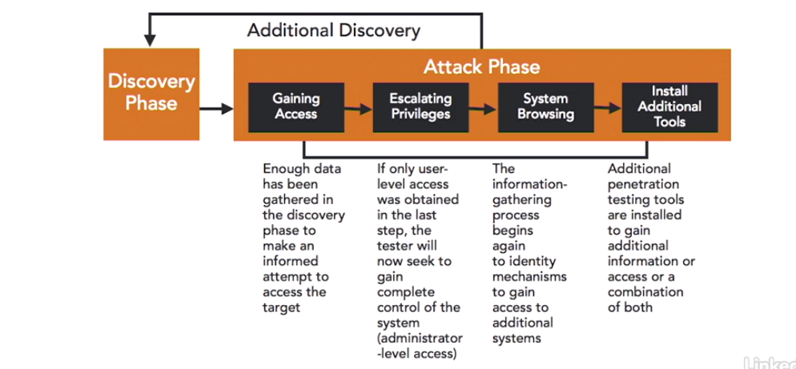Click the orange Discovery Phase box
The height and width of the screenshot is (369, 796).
(151, 94)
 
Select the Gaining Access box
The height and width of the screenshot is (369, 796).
(296, 107)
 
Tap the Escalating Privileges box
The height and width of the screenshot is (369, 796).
(421, 107)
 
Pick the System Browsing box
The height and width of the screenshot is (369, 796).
(545, 107)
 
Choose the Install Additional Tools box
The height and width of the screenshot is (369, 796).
(670, 107)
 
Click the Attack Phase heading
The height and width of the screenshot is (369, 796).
(482, 67)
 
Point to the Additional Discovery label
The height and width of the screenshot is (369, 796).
(333, 31)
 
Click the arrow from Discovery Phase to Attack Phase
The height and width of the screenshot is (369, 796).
(216, 108)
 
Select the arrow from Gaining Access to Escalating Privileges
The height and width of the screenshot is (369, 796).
(359, 108)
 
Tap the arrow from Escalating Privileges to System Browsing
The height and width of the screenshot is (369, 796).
(484, 108)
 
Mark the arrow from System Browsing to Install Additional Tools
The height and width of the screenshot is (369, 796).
(608, 107)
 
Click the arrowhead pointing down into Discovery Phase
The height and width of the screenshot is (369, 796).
(150, 41)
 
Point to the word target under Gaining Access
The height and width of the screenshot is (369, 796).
(281, 308)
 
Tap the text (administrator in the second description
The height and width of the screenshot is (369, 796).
(420, 339)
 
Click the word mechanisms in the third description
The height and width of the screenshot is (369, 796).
(529, 277)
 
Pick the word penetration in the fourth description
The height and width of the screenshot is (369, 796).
(643, 185)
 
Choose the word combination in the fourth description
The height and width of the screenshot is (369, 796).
(645, 292)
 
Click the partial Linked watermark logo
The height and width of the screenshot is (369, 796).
(770, 363)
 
